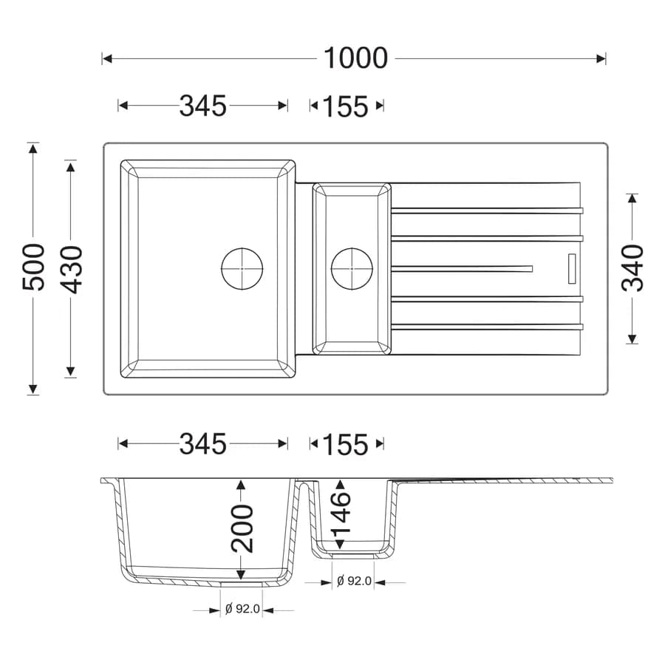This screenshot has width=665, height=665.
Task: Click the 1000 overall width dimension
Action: pos(355,58)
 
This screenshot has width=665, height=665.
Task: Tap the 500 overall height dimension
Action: pos(33,267)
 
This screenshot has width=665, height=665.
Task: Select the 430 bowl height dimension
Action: pos(70,270)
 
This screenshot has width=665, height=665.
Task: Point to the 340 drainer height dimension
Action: pos(632,268)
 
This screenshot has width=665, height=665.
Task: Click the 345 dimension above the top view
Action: pos(203,106)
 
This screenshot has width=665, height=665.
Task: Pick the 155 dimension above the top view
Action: pos(346,106)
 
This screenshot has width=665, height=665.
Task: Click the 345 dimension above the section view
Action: pos(203,444)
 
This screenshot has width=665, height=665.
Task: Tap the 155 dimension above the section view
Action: pos(346,445)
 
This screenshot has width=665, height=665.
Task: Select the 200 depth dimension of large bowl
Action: pos(242,528)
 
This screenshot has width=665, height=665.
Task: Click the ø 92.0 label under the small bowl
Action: pos(354,581)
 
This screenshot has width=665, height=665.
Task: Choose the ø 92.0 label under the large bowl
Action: pos(242,609)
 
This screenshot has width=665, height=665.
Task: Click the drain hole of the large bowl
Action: pos(242,268)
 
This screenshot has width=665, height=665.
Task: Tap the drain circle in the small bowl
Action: pos(352,268)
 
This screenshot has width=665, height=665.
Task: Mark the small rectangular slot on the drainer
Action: pos(572,268)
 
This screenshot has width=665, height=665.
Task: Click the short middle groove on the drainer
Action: pos(462,268)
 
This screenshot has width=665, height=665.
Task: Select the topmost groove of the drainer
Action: pos(487,211)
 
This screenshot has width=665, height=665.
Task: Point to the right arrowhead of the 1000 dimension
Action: pos(601,58)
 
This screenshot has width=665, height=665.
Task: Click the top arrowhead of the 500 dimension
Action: pos(33,148)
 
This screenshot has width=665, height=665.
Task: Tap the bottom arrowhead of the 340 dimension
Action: pos(632,338)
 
